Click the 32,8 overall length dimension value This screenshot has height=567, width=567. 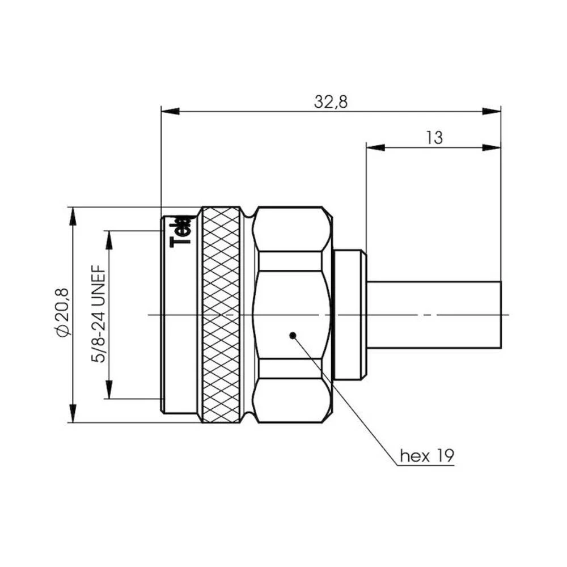pos(331,102)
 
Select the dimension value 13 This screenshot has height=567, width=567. pos(434,138)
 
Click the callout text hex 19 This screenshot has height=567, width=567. pos(427,455)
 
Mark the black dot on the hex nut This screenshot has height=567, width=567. pos(293,335)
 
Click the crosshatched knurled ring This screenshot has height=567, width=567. pos(221,315)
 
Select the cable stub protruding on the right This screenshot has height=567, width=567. pos(434,314)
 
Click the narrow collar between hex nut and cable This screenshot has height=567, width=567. pos(349,314)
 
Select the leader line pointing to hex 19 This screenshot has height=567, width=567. pos(346,397)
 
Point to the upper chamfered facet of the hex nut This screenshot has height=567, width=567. pos(292,229)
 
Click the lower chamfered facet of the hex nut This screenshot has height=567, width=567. pos(292,400)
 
